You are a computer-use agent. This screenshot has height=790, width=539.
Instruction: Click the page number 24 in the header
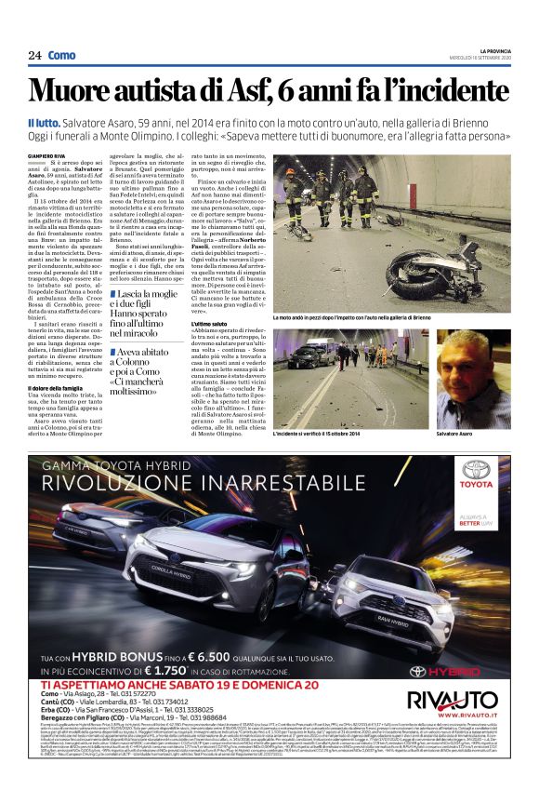35,56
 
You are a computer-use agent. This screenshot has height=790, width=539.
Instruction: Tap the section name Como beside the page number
61,56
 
